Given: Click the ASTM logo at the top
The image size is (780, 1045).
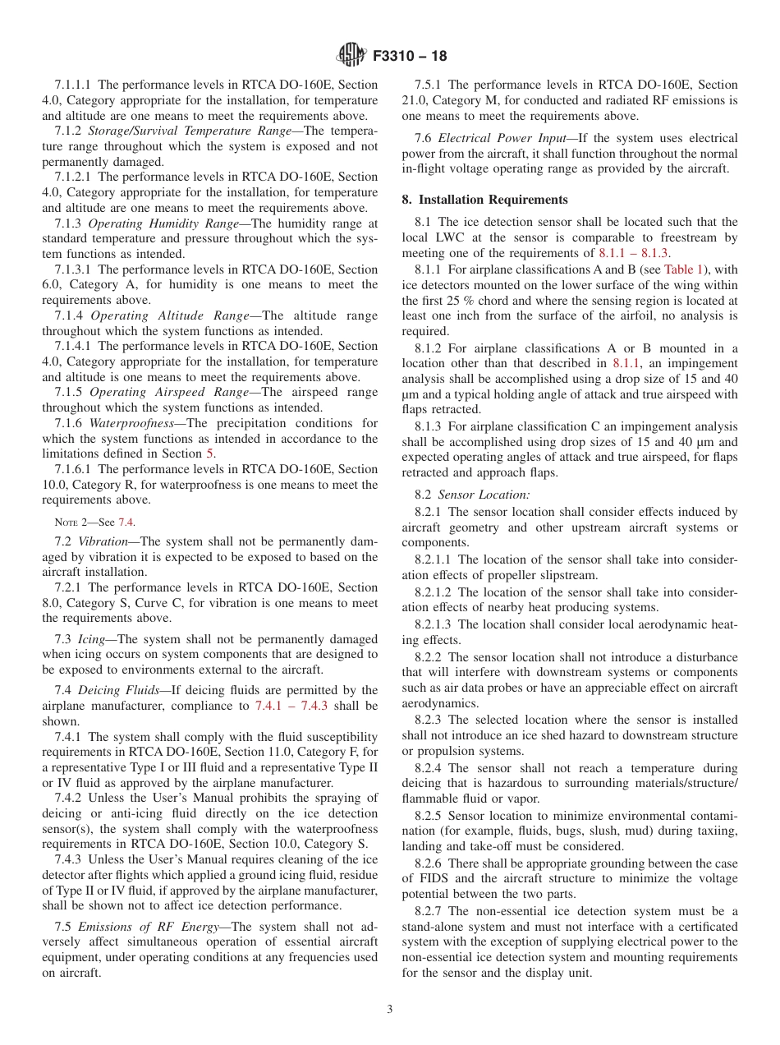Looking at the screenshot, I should coord(351,57).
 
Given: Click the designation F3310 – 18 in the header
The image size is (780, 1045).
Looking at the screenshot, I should coord(410,57).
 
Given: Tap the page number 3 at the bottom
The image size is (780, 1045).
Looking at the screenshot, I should coord(390,1010).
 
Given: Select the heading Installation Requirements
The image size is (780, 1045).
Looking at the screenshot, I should coord(493,200).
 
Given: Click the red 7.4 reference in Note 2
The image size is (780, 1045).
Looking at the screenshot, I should coord(125,522).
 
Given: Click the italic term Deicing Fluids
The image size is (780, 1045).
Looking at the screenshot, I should coord(119,690).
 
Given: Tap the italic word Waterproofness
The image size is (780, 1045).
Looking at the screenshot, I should coord(126,423).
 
